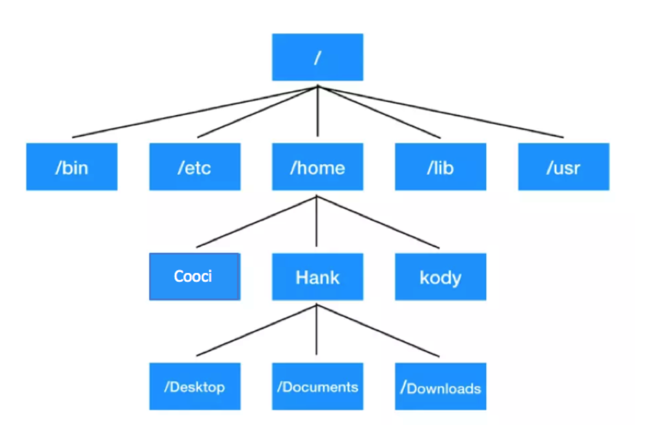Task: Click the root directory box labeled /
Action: point(317,57)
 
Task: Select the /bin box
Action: point(72,167)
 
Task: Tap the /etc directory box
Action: point(195,167)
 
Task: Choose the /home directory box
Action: point(317,167)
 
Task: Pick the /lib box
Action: point(441,167)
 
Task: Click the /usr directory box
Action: point(564,167)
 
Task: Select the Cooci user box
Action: point(195,277)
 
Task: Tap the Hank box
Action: point(317,277)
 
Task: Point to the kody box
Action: point(441,277)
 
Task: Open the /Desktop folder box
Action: point(195,386)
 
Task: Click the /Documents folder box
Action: point(317,386)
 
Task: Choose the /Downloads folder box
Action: point(441,386)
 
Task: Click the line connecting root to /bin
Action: point(195,112)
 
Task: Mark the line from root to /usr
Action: point(441,112)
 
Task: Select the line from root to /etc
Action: point(257,112)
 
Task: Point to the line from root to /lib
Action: point(379,112)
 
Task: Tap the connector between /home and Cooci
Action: point(256,222)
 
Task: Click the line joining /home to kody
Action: point(378,222)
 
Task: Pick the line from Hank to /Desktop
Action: point(256,331)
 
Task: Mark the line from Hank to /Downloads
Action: point(378,331)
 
